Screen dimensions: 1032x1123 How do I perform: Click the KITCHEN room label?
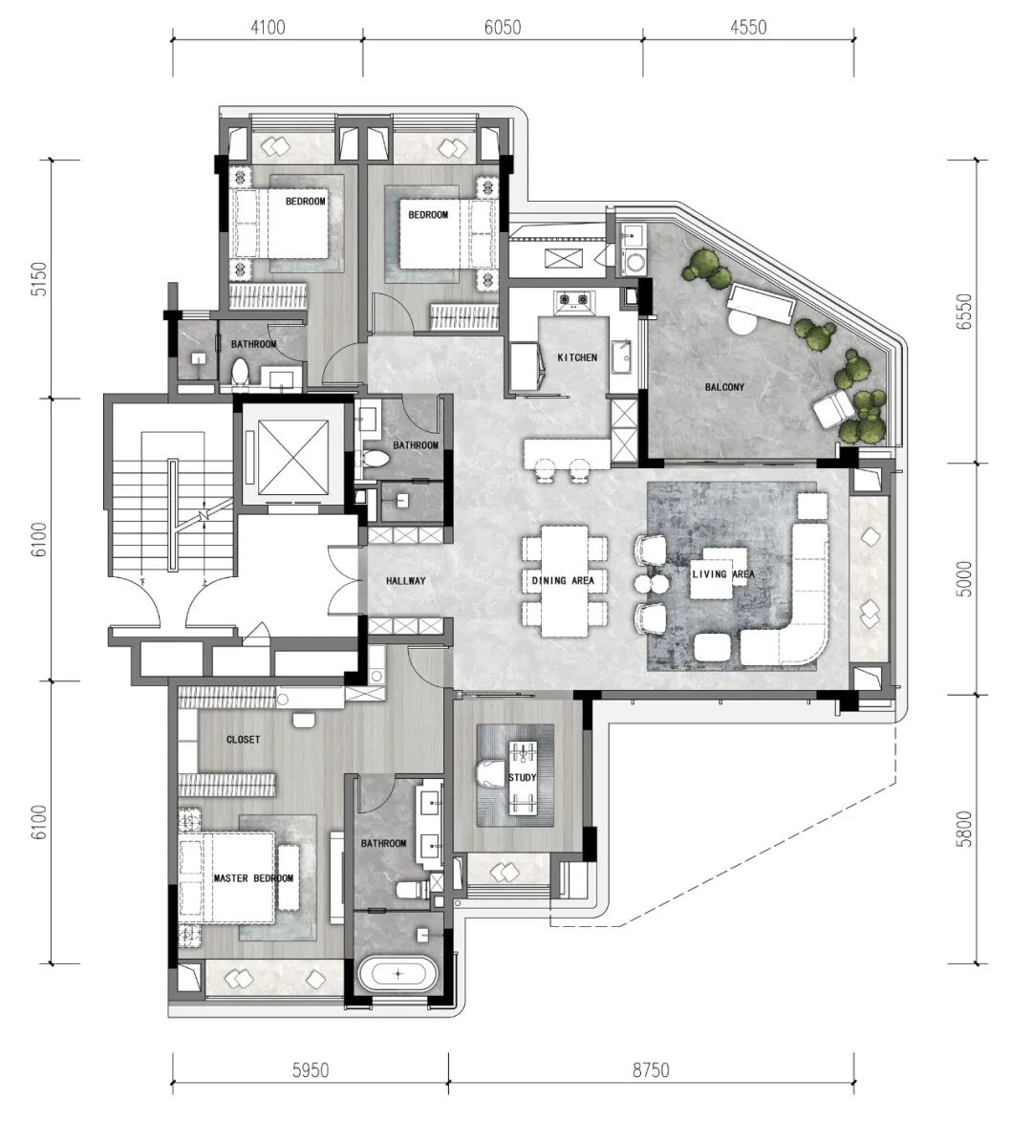tap(577, 357)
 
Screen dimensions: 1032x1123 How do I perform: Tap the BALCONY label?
tap(724, 387)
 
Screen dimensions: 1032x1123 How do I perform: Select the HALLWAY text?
tap(406, 581)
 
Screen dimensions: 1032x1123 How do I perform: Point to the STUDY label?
tap(522, 778)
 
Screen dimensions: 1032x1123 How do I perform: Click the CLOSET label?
tap(244, 739)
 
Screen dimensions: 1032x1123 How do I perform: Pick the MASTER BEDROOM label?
tap(253, 878)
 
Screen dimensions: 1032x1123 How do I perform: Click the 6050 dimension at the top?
tap(503, 28)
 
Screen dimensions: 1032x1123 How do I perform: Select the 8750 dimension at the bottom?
tap(651, 1070)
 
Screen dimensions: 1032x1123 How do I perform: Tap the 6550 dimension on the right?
tap(965, 312)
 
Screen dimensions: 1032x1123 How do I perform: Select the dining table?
tap(565, 581)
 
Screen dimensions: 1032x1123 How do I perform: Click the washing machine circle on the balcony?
tap(635, 262)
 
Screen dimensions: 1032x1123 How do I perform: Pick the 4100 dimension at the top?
tap(268, 28)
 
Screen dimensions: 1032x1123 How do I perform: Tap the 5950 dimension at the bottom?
tap(311, 1070)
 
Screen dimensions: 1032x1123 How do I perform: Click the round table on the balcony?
tap(742, 321)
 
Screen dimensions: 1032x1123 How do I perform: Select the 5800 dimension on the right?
tap(965, 830)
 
